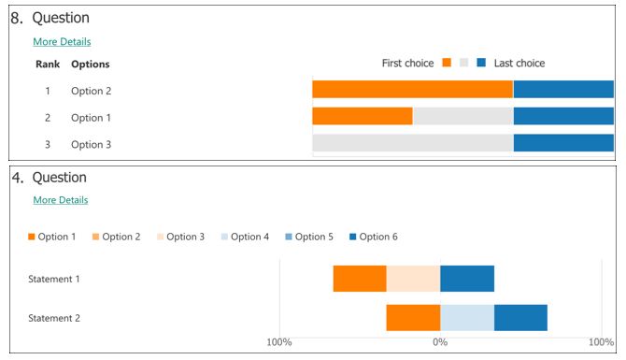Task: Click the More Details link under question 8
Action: click(62, 42)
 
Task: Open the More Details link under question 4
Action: click(61, 200)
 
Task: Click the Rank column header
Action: click(48, 65)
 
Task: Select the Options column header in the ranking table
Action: click(91, 65)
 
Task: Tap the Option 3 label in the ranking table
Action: click(91, 145)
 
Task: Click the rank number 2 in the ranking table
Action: click(48, 118)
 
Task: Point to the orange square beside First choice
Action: click(447, 64)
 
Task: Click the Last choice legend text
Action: click(519, 64)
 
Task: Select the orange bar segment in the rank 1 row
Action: click(412, 90)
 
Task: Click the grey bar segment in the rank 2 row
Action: click(462, 117)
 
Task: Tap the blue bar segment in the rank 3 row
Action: click(563, 143)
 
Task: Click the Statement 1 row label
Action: click(54, 279)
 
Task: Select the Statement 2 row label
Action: click(54, 318)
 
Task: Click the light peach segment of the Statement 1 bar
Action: click(413, 279)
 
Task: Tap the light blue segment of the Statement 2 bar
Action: click(467, 318)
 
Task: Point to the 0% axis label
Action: click(440, 342)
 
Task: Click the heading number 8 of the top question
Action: click(16, 17)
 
